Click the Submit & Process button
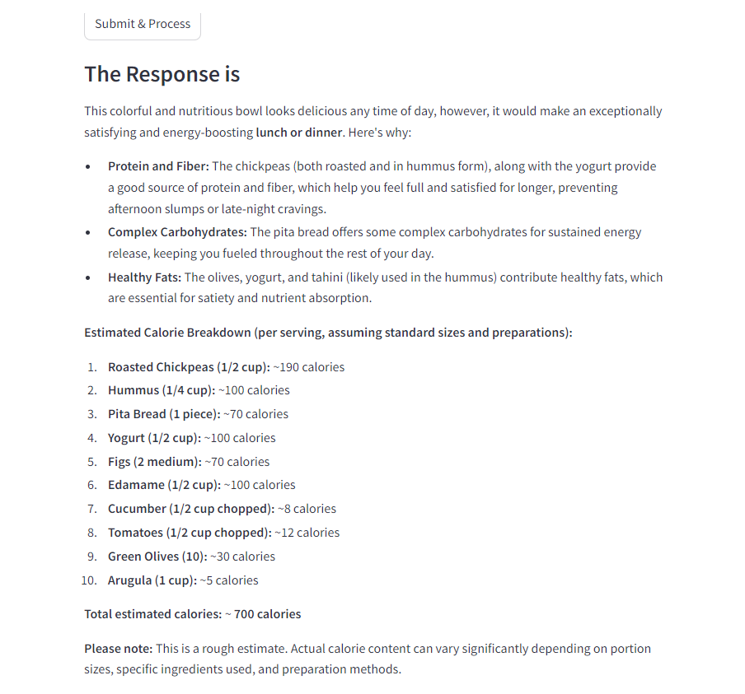(143, 24)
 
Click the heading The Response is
(162, 74)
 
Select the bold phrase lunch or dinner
(298, 132)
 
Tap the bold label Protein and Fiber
(158, 166)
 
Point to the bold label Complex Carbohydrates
(177, 232)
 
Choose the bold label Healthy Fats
(144, 277)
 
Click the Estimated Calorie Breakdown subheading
(328, 333)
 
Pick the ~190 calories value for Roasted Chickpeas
(309, 367)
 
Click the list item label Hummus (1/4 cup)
(162, 390)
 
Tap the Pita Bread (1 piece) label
(164, 414)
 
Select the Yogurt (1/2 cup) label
(154, 438)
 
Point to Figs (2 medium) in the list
(154, 462)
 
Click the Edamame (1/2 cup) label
(164, 485)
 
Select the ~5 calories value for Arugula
(229, 580)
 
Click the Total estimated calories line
(192, 614)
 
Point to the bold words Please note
(118, 649)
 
